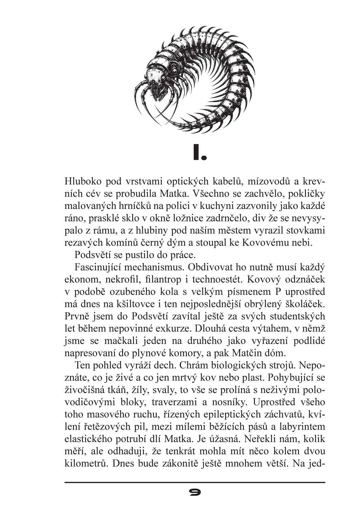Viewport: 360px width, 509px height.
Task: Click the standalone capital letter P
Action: click(276, 291)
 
